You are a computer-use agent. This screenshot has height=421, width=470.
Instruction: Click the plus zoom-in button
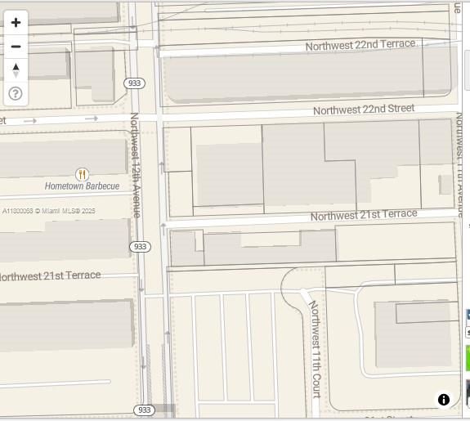coord(16,23)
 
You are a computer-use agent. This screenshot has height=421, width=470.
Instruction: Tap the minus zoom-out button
coord(16,47)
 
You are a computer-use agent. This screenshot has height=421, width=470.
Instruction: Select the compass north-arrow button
coord(16,70)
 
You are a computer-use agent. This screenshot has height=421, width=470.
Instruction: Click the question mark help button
coord(16,93)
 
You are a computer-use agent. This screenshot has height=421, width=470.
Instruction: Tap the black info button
coord(444,400)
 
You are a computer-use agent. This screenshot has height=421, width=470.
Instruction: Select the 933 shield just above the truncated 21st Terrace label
coord(140,247)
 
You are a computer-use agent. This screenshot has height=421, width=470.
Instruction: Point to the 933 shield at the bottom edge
coord(144,410)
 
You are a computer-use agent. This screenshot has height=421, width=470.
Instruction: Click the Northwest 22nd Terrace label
coord(360,45)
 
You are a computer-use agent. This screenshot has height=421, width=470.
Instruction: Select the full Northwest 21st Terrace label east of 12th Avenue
coord(364,215)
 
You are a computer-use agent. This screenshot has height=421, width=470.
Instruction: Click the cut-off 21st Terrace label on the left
coord(49,276)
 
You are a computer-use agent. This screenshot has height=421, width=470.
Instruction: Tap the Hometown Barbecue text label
coord(82,186)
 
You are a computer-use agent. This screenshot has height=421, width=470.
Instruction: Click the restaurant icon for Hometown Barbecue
coord(82,174)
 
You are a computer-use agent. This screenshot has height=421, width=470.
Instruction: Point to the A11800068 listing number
coord(17,211)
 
